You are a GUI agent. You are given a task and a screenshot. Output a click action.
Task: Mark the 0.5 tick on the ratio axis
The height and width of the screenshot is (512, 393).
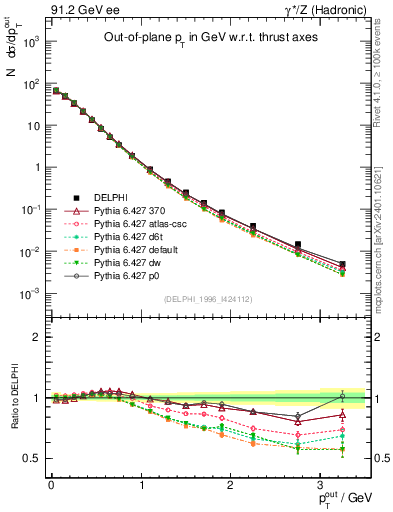click(34, 458)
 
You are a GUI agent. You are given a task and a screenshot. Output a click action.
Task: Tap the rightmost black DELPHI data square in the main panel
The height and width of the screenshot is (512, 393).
click(343, 264)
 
